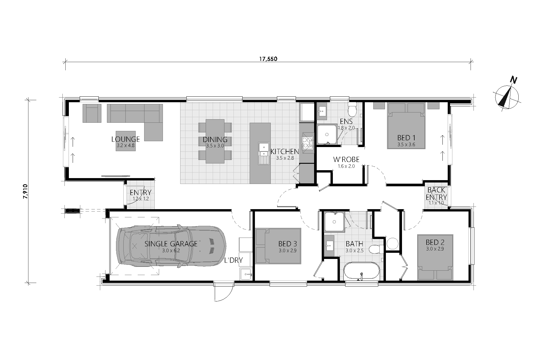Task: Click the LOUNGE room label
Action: pos(125,139)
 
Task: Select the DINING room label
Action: pos(215,140)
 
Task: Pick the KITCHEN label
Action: pos(285,152)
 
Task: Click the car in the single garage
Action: pos(171,247)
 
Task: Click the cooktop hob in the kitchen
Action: pos(307,143)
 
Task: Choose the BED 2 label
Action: pos(435,242)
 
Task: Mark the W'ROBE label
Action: pos(346,160)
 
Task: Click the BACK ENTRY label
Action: pos(436,193)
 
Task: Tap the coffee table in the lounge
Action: pos(126,141)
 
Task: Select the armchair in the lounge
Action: pos(92,113)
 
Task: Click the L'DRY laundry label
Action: pos(233,260)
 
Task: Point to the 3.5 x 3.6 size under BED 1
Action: pos(406,144)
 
